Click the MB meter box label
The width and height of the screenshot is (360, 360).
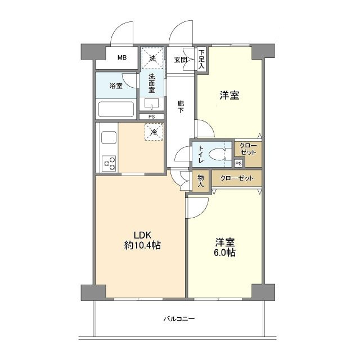tap(122, 57)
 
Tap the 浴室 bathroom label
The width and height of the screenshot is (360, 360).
tap(116, 86)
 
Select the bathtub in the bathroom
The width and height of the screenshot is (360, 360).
tap(116, 109)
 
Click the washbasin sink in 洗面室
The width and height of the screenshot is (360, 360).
tap(151, 103)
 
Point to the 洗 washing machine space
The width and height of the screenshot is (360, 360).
tap(152, 58)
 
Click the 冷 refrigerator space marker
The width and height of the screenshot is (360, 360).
tap(154, 132)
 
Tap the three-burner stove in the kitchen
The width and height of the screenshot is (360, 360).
tap(110, 163)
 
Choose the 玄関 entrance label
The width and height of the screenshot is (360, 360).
tap(181, 60)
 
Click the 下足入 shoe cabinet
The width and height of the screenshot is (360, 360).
tap(201, 59)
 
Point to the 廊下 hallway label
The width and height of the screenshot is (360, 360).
tap(181, 107)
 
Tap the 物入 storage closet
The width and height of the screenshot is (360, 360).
tap(201, 181)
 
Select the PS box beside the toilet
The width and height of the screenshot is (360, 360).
tap(238, 164)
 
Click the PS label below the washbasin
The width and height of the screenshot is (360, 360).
tap(151, 116)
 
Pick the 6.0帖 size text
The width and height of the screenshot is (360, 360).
tap(225, 253)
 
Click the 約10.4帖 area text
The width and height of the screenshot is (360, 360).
tap(142, 245)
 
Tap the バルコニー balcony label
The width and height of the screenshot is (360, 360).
tap(179, 319)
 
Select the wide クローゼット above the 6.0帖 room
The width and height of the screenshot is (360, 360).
tap(237, 178)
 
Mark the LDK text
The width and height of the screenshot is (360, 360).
tap(142, 235)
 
